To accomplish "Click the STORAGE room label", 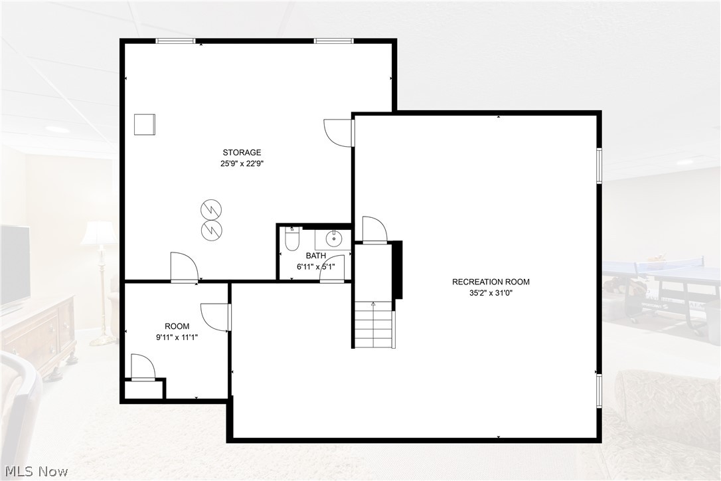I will click(x=242, y=153).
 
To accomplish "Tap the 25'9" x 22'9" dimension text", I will click(x=242, y=163).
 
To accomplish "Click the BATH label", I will click(x=315, y=256).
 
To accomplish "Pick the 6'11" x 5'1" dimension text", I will click(x=315, y=267).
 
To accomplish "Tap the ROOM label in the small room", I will click(x=177, y=326).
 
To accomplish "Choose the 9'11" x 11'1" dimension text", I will click(x=177, y=337).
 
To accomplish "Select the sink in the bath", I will click(x=334, y=238).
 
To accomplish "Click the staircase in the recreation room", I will click(x=373, y=324).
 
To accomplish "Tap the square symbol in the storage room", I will click(x=144, y=124).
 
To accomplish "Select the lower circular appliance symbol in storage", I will click(x=211, y=231).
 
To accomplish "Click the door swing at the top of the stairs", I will click(x=374, y=230).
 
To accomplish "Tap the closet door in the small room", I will click(x=142, y=367).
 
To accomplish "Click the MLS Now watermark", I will click(x=35, y=472).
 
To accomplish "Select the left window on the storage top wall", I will click(x=175, y=41).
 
